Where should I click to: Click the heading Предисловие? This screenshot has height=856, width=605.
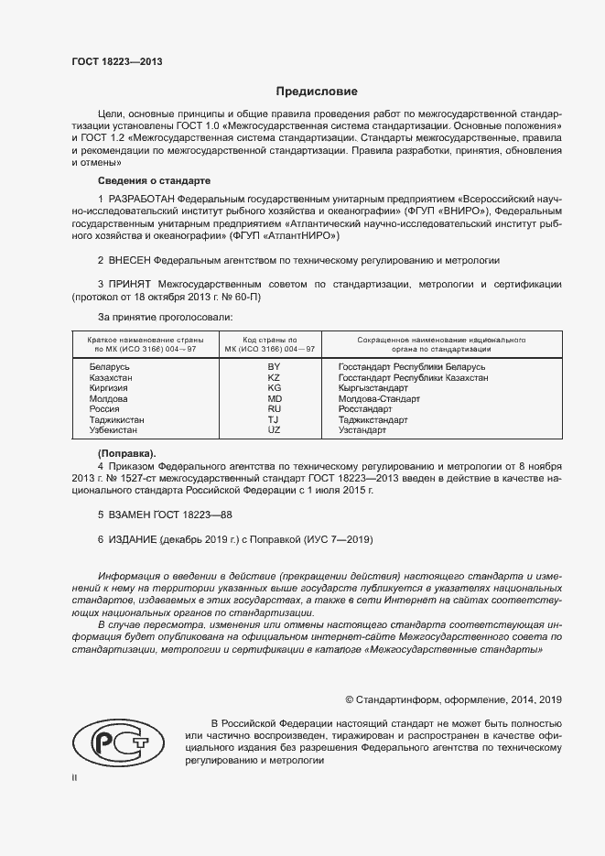pyautogui.click(x=317, y=92)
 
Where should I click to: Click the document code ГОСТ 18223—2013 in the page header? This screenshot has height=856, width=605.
pyautogui.click(x=116, y=61)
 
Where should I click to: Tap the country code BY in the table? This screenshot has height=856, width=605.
pyautogui.click(x=274, y=366)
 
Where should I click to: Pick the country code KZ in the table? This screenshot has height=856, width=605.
pyautogui.click(x=274, y=377)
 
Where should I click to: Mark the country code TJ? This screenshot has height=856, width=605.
pyautogui.click(x=274, y=419)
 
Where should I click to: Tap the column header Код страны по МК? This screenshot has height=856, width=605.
pyautogui.click(x=274, y=344)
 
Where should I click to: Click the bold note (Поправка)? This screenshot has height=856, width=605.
pyautogui.click(x=126, y=453)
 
